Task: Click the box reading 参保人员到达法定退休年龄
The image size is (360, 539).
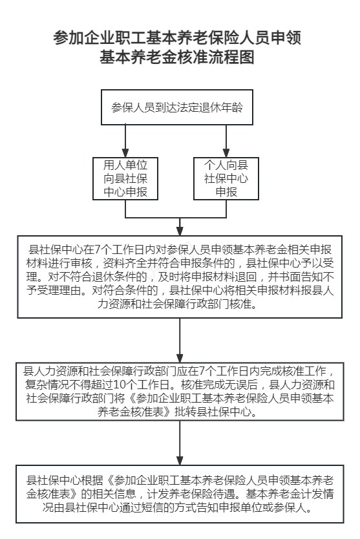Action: click(176, 107)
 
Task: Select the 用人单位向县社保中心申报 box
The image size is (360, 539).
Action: click(125, 178)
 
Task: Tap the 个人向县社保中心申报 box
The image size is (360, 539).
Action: click(226, 178)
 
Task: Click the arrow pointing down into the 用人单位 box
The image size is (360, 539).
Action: click(125, 141)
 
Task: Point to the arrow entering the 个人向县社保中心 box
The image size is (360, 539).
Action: click(226, 141)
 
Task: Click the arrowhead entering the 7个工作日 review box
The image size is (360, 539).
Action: click(180, 231)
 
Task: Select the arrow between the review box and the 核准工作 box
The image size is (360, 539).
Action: click(180, 340)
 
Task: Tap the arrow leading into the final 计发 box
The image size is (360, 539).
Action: click(180, 443)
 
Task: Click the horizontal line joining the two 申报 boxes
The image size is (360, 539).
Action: click(176, 218)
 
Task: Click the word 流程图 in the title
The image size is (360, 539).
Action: click(231, 57)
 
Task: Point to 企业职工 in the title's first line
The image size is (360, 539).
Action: click(100, 37)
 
